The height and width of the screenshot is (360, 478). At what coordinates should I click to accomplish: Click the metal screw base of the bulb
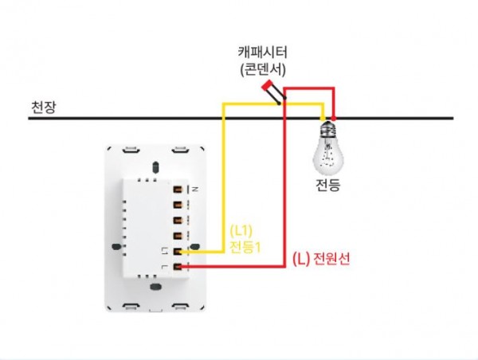click(327, 128)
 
